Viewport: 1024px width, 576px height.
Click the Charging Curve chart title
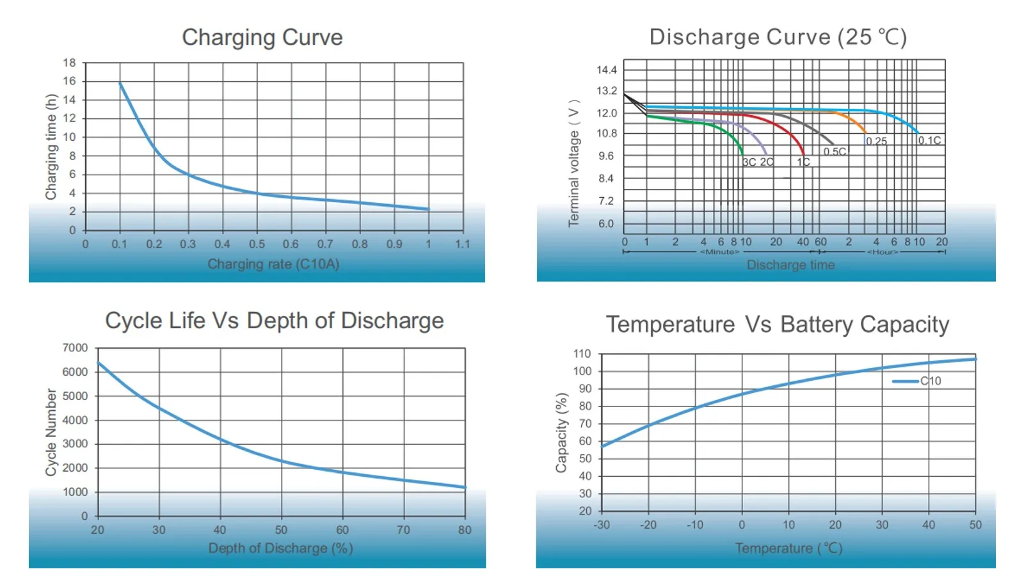tap(262, 38)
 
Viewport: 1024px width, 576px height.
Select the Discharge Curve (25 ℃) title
tap(778, 37)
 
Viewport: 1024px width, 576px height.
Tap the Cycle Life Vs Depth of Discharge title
tap(274, 321)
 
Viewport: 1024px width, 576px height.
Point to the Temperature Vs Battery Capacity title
tap(777, 324)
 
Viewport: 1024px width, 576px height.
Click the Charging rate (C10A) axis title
tap(273, 264)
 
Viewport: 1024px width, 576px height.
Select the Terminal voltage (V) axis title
tap(574, 163)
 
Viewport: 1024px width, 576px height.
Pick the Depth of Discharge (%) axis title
tap(280, 548)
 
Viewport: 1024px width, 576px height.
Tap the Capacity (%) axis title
tap(561, 433)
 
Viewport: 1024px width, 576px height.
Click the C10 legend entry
tap(930, 381)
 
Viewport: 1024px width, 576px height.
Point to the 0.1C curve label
tap(929, 141)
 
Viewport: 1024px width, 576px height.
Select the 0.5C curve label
tap(835, 152)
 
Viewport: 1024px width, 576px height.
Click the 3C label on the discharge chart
tap(749, 163)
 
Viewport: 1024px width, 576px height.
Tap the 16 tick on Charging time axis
tap(69, 81)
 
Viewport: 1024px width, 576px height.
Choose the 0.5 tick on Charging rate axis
tap(257, 244)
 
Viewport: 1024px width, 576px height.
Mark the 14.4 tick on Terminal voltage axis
tap(607, 70)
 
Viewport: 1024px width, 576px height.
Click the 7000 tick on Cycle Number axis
tap(75, 348)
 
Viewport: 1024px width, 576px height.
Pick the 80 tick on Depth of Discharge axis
tap(465, 530)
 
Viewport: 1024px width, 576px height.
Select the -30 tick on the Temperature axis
tap(601, 525)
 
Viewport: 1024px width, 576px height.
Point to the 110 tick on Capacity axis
tap(582, 354)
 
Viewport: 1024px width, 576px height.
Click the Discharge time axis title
tap(790, 265)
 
